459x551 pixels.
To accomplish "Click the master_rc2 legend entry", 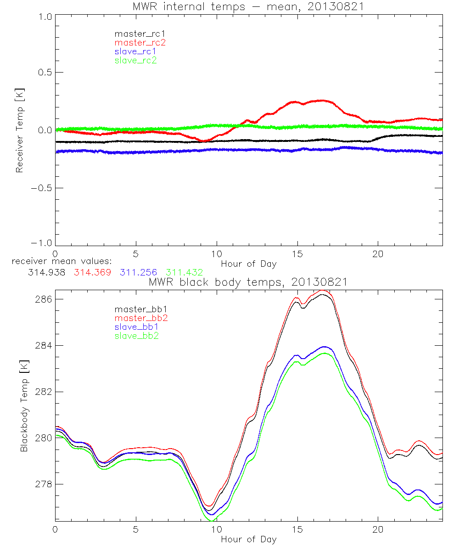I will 140,43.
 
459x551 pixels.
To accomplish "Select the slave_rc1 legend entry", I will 135,51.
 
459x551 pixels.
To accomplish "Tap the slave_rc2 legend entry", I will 135,60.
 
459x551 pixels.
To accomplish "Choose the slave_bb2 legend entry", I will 137,336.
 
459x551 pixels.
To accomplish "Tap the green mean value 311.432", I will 185,273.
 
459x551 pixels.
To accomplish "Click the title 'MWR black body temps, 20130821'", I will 248,282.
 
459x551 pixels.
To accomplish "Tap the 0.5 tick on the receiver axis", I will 44,72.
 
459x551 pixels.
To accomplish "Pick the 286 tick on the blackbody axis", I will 43,299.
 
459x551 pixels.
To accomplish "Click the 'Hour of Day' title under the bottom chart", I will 249,539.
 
